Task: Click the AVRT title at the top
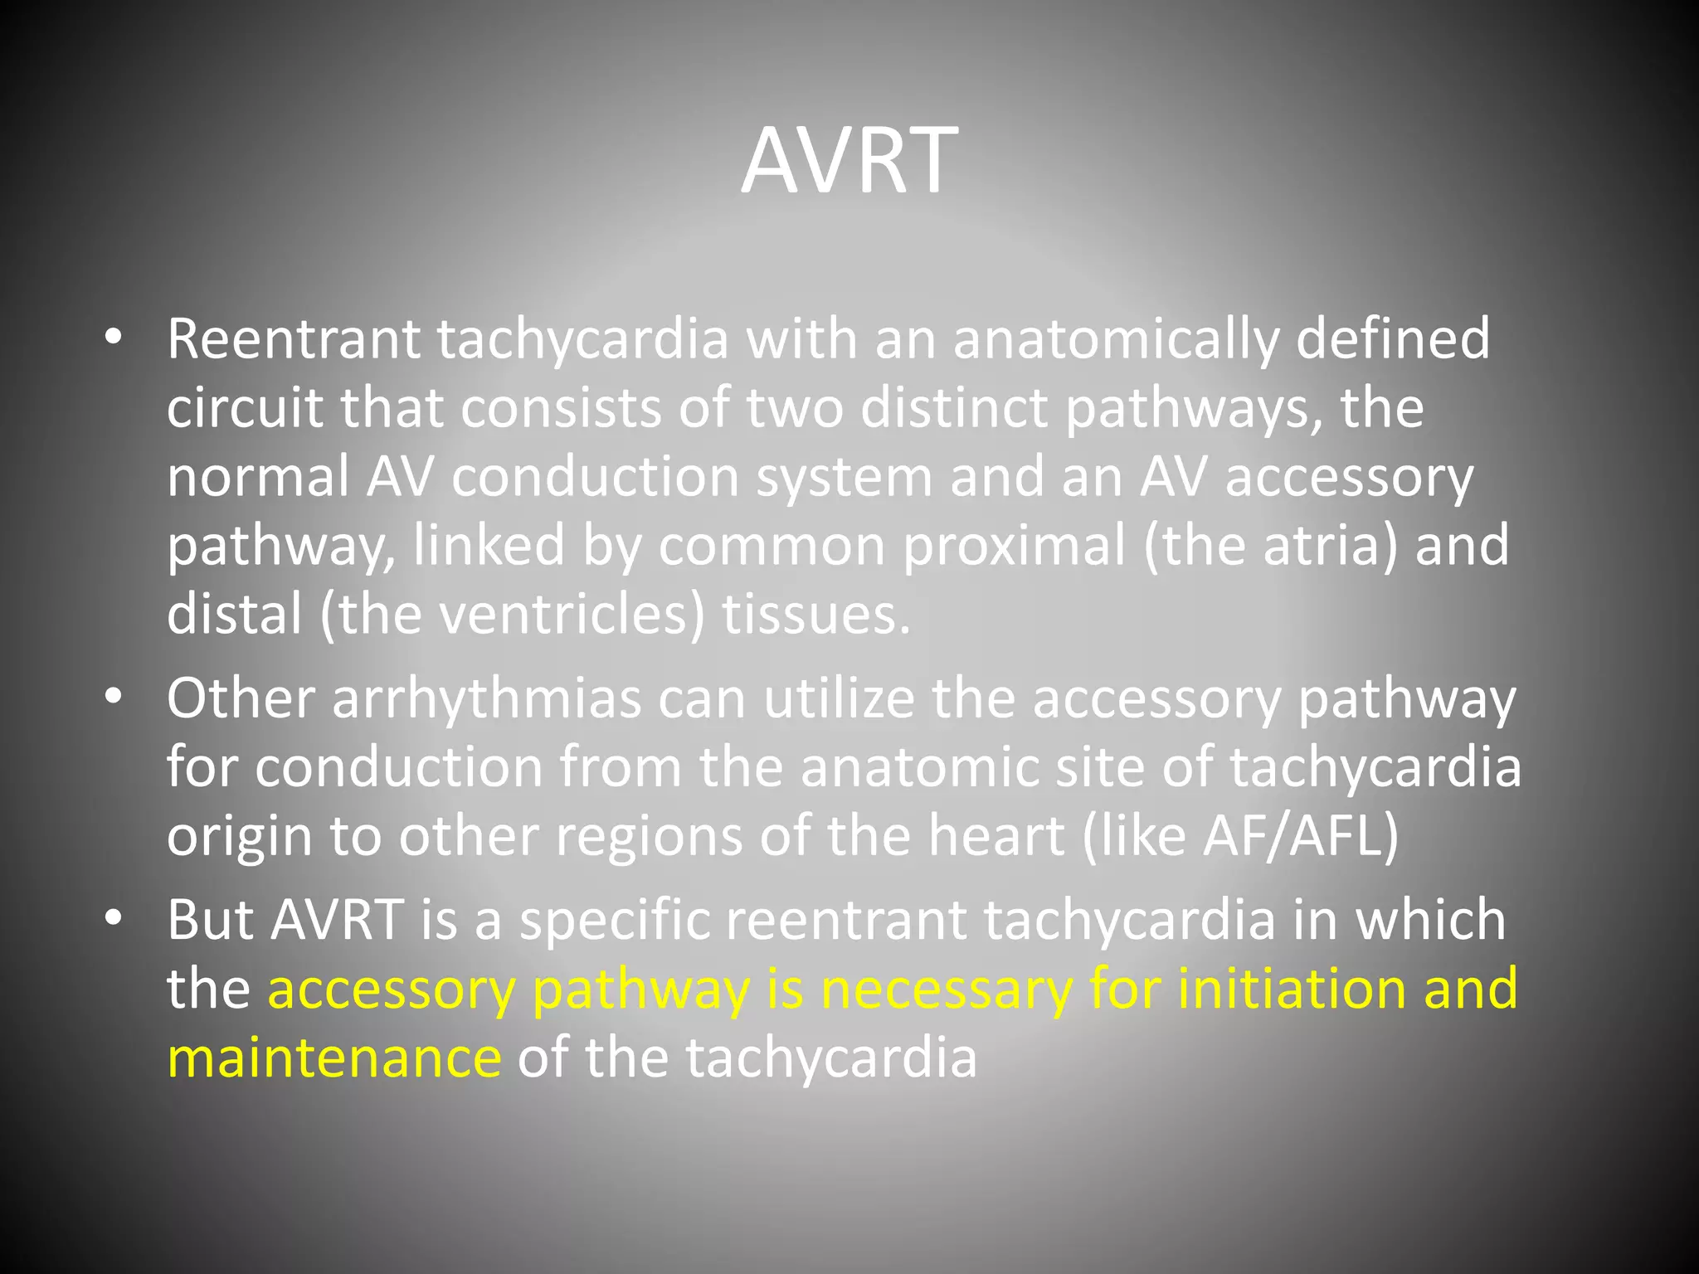pyautogui.click(x=849, y=160)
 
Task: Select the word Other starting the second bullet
pyautogui.click(x=241, y=698)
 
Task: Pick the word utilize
pyautogui.click(x=839, y=698)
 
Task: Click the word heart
pyautogui.click(x=996, y=836)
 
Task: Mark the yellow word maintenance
pyautogui.click(x=334, y=1059)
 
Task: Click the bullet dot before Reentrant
pyautogui.click(x=114, y=338)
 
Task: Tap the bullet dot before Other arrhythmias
pyautogui.click(x=114, y=698)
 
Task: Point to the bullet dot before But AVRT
pyautogui.click(x=114, y=919)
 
